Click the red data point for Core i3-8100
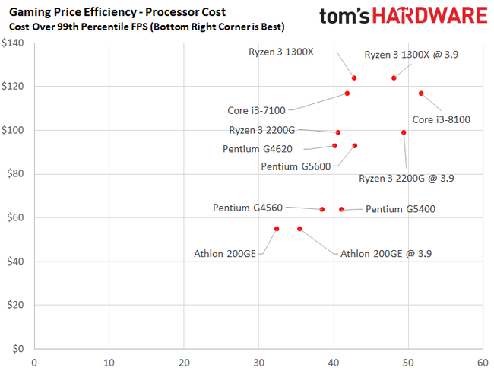(420, 94)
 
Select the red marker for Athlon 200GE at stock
(277, 229)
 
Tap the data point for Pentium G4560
(322, 209)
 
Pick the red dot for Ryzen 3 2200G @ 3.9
(404, 132)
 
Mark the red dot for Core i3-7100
(347, 94)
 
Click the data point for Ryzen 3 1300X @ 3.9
(394, 78)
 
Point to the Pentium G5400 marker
(341, 209)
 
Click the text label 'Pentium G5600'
(296, 166)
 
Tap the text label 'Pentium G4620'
(258, 149)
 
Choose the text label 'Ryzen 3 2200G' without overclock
(264, 130)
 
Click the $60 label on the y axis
(17, 217)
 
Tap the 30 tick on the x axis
(258, 362)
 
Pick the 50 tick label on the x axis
(408, 362)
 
